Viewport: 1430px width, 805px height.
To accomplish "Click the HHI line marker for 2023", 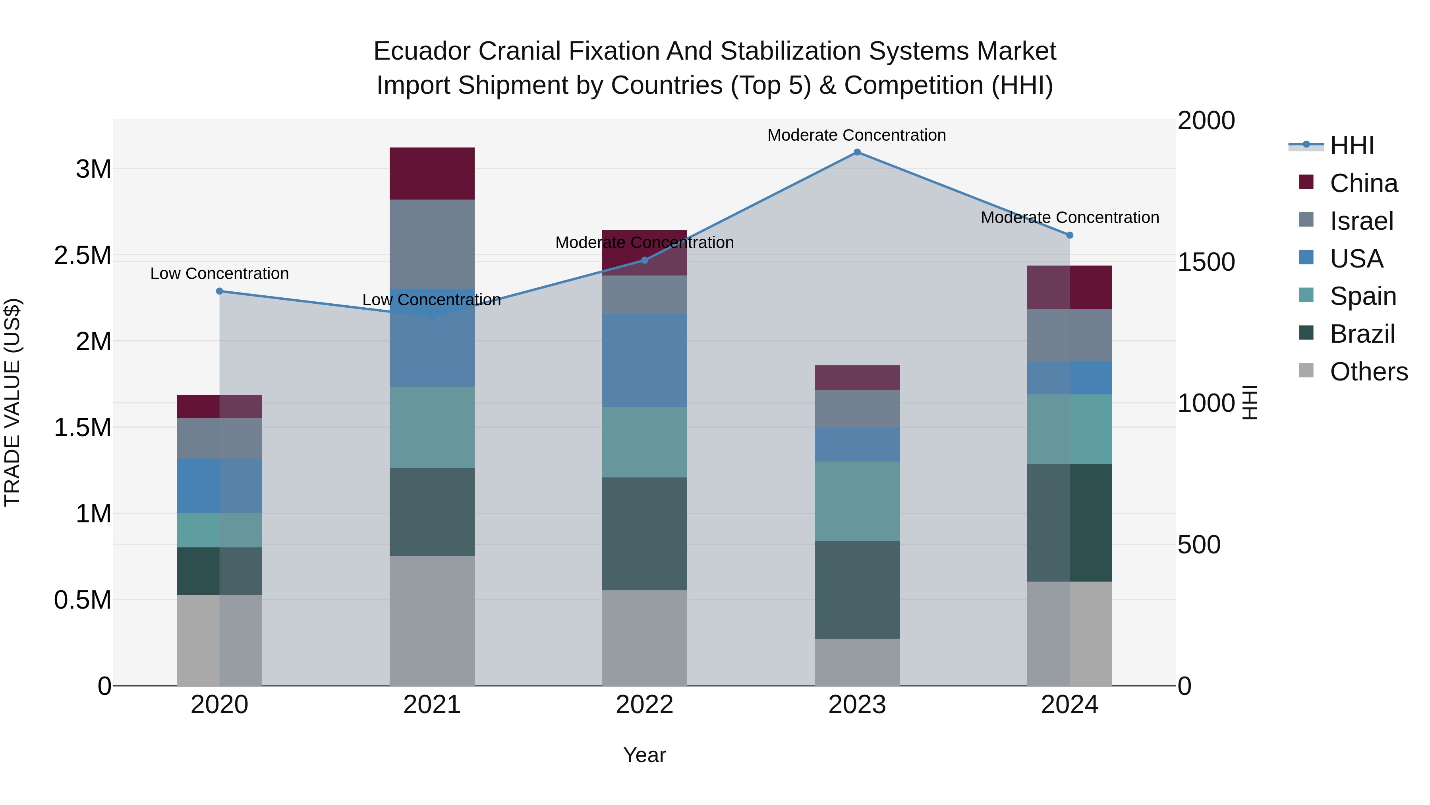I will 857,152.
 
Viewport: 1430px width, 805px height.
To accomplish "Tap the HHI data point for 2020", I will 219,291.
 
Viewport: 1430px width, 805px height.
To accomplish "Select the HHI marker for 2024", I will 1070,235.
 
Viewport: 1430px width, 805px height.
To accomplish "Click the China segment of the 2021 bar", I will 432,173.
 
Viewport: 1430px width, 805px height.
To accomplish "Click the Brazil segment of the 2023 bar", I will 857,590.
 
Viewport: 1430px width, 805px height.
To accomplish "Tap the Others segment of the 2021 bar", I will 432,620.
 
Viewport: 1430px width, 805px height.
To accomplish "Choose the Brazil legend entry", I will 1362,334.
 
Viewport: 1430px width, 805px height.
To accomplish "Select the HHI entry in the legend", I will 1351,145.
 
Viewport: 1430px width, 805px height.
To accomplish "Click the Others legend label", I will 1369,372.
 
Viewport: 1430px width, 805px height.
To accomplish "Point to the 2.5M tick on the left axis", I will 82,256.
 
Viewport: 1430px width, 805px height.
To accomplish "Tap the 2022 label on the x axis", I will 645,705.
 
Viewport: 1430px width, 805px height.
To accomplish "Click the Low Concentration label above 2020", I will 219,274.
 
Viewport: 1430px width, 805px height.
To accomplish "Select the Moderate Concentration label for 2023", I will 856,135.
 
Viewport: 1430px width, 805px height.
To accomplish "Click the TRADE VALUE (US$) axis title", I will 12,402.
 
